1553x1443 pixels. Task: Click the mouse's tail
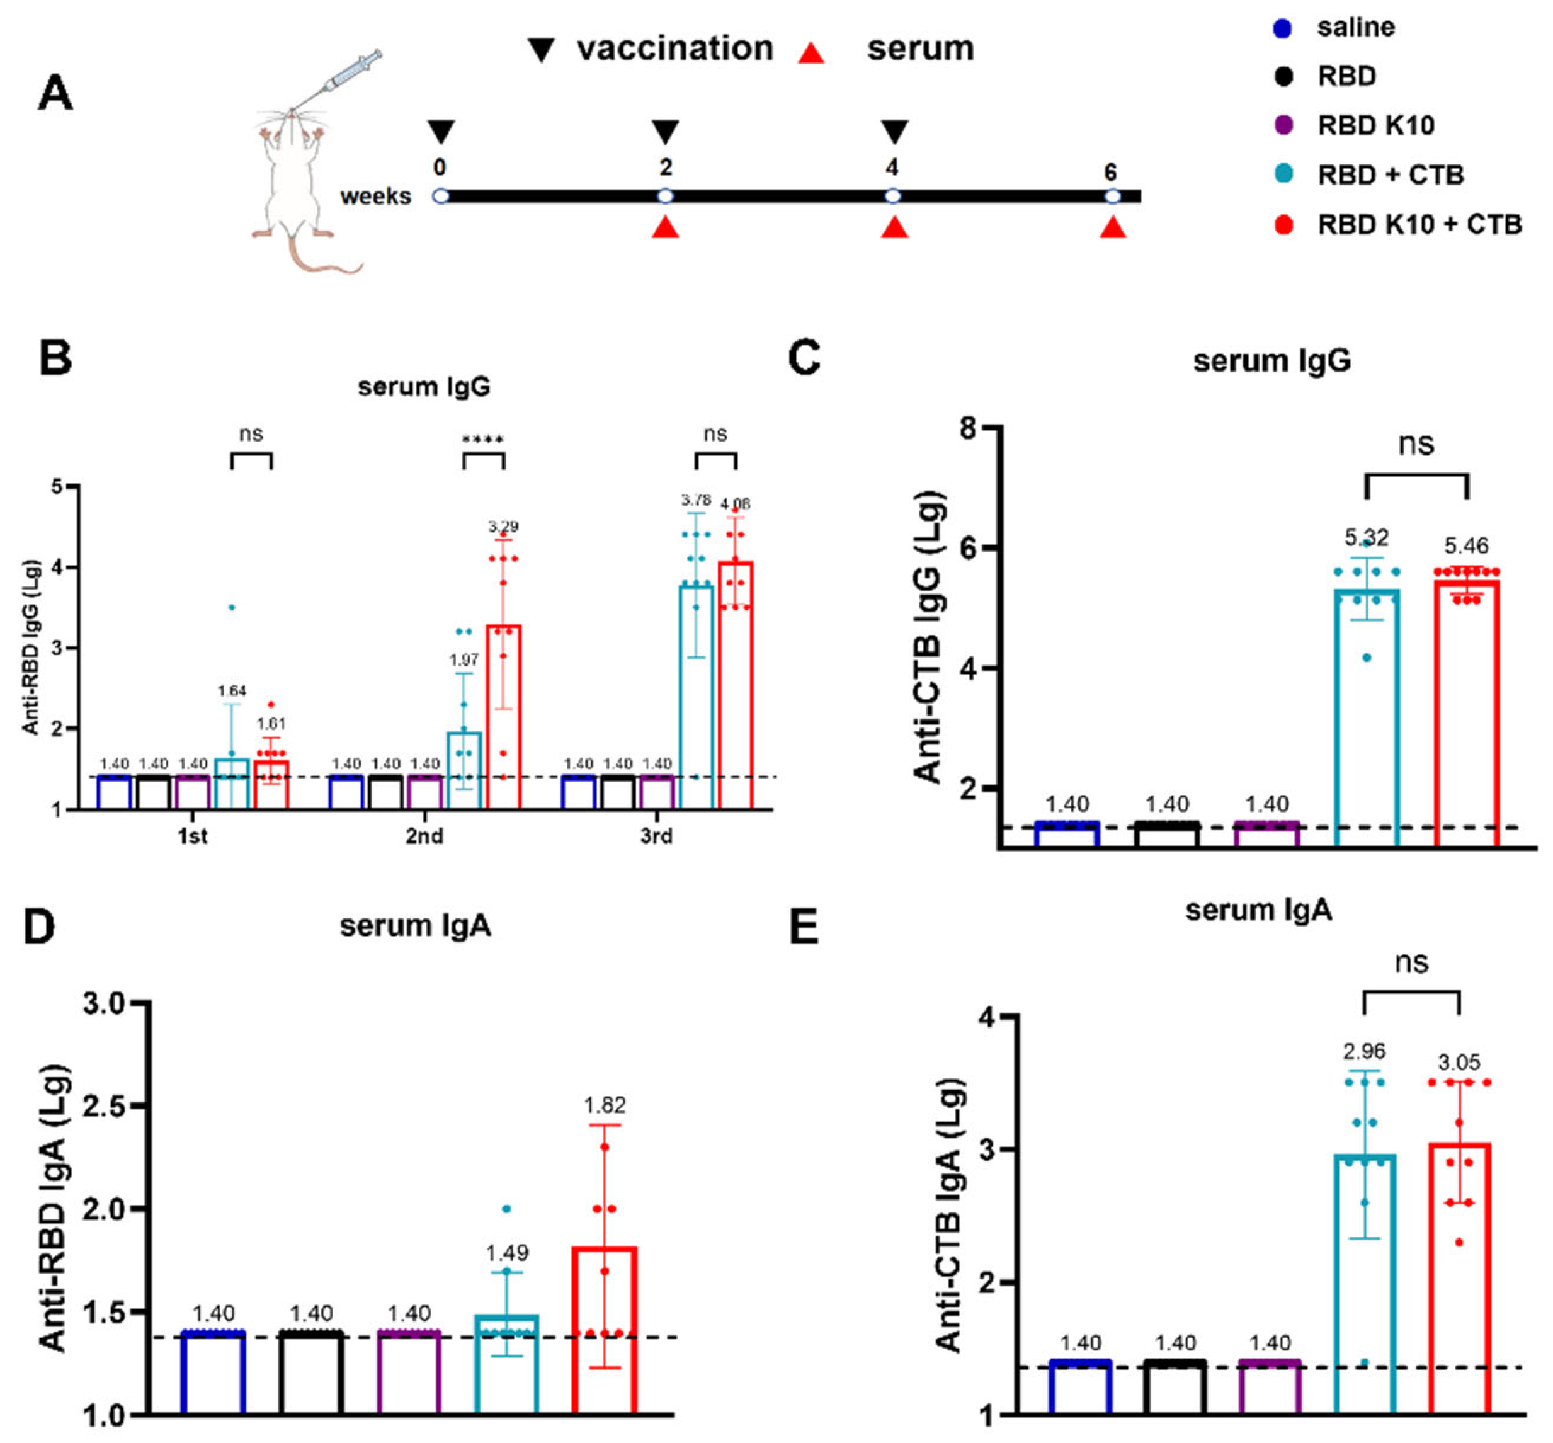(x=320, y=258)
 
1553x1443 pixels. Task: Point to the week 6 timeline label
(x=1110, y=172)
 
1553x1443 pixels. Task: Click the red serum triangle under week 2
(x=665, y=227)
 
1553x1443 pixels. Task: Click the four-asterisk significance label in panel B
(x=482, y=440)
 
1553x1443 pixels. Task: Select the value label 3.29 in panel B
(x=504, y=527)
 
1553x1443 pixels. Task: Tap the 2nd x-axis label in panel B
(x=424, y=836)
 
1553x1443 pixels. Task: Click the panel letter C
(x=804, y=358)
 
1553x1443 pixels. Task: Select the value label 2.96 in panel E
(x=1364, y=1051)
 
